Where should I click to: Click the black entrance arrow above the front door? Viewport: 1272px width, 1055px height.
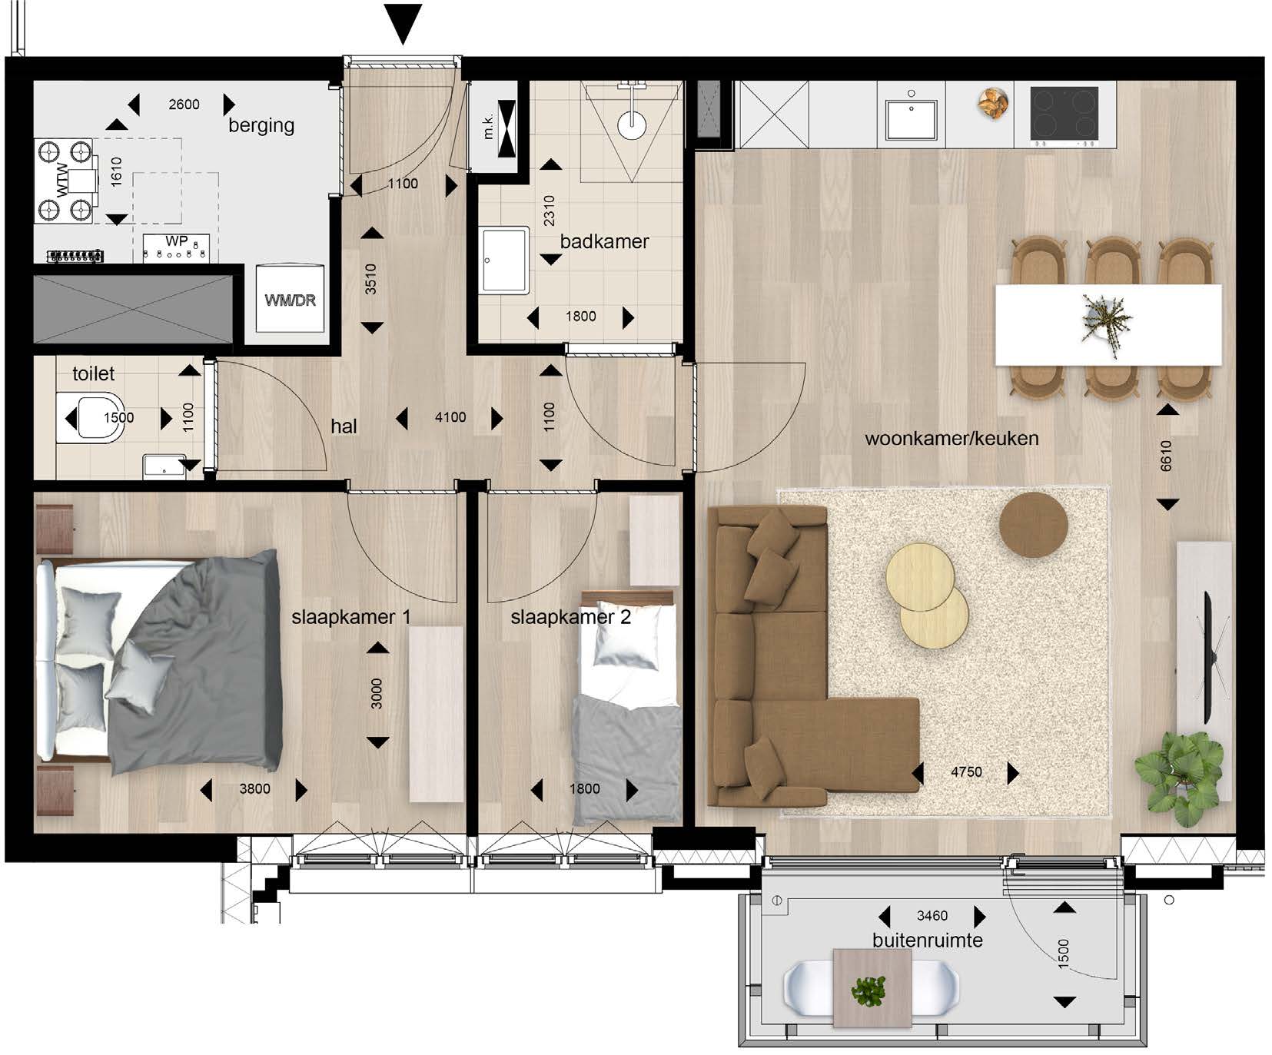[402, 23]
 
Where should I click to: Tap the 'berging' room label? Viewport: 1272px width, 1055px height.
[261, 125]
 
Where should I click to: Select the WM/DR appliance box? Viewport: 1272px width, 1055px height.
[290, 298]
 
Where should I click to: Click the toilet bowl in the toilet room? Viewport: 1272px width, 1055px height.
[91, 418]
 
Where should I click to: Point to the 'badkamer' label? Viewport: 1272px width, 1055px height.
[604, 241]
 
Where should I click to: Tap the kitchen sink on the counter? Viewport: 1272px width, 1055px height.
[911, 118]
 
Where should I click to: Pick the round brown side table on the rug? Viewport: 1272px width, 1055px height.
[1034, 524]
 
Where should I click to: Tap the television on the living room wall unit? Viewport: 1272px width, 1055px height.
[1207, 657]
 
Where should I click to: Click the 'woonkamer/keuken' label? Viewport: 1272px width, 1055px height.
[952, 439]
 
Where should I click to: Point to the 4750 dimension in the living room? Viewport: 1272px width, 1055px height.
[966, 771]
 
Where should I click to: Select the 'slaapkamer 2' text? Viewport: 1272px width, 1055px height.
[570, 617]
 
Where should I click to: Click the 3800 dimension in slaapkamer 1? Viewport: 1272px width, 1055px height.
[254, 788]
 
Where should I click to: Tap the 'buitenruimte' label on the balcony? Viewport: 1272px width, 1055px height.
[928, 941]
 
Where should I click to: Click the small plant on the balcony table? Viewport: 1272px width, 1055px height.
[869, 990]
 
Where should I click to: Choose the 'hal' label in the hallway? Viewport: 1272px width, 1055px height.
[344, 426]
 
